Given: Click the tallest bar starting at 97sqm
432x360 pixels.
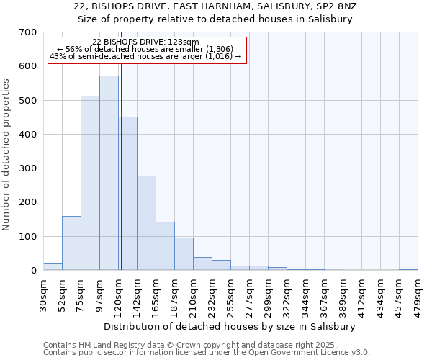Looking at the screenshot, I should [x=109, y=173].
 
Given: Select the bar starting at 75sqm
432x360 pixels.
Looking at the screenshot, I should [x=90, y=184].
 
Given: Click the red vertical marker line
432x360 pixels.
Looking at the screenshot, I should [x=121, y=180].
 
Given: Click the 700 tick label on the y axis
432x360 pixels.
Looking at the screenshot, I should [x=28, y=32].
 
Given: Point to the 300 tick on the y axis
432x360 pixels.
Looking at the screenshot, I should [x=28, y=168].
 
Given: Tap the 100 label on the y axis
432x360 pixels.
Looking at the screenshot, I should [x=28, y=237].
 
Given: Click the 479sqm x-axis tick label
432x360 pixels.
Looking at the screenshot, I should [x=418, y=293].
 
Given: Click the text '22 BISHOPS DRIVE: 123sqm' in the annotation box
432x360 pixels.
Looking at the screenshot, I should [x=146, y=42].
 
